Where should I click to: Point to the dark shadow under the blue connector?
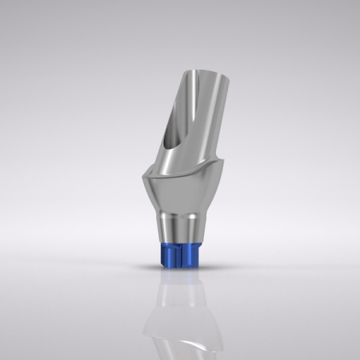[179, 270]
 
